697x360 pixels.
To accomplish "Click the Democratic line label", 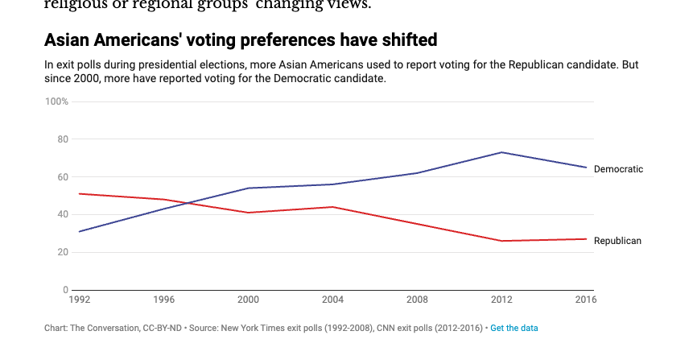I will click(x=618, y=169).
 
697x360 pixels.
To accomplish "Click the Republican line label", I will click(x=617, y=241).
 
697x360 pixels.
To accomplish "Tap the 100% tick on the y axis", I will click(x=57, y=101).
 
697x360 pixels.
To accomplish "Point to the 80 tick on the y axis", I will click(x=63, y=139).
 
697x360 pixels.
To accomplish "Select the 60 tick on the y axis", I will click(x=63, y=177).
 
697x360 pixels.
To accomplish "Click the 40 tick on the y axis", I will click(x=63, y=214).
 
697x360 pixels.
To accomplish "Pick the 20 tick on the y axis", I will click(x=63, y=252).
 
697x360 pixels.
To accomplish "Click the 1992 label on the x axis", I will click(x=79, y=300).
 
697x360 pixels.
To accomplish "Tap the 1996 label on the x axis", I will click(x=164, y=300).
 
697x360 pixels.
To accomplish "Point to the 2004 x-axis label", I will click(x=333, y=300).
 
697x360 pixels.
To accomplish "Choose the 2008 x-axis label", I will click(x=418, y=300).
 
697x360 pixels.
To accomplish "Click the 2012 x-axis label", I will click(x=502, y=300).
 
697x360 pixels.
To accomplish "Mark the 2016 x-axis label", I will click(x=584, y=300).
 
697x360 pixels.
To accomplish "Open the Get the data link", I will click(x=514, y=328).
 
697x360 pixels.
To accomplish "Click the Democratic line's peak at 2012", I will click(x=502, y=152).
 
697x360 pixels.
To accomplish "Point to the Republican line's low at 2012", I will click(x=502, y=241).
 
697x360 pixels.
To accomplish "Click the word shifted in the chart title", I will click(x=406, y=40).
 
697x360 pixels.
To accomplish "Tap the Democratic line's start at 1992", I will click(x=79, y=231).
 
